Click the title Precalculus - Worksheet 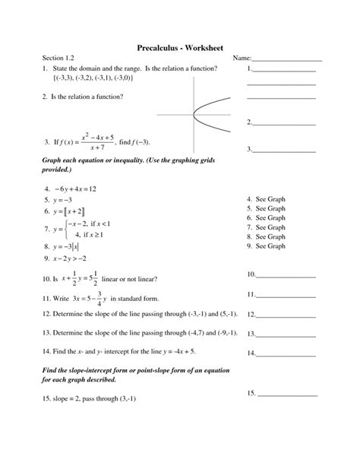pyautogui.click(x=180, y=47)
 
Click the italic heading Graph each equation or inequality pyautogui.click(x=106, y=162)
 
